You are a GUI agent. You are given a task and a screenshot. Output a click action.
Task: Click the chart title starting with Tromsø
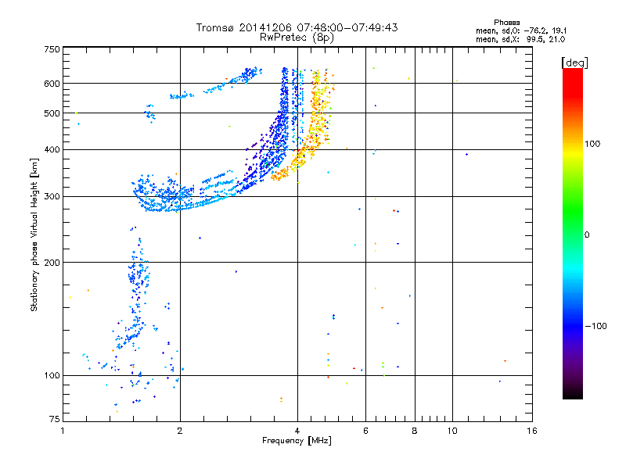pyautogui.click(x=297, y=27)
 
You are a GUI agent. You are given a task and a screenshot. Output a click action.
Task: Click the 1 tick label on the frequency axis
pyautogui.click(x=63, y=431)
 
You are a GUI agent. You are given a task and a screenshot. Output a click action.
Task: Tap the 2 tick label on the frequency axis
pyautogui.click(x=180, y=431)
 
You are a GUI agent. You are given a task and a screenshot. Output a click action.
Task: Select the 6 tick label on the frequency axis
pyautogui.click(x=365, y=431)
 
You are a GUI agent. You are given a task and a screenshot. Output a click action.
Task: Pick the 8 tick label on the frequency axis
pyautogui.click(x=415, y=431)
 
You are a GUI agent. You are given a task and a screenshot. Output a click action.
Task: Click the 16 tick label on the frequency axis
pyautogui.click(x=532, y=431)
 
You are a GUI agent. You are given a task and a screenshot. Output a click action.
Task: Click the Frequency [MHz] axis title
pyautogui.click(x=297, y=442)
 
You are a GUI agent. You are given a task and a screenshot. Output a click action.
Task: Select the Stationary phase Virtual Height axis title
pyautogui.click(x=34, y=235)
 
